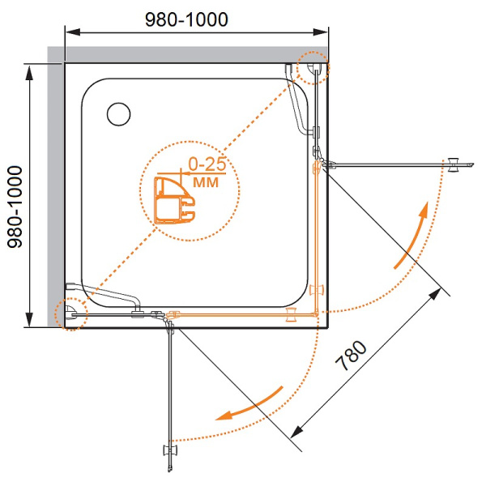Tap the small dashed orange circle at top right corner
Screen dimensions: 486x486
pyautogui.click(x=313, y=68)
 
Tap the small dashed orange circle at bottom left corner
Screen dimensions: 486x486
pyautogui.click(x=70, y=313)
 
